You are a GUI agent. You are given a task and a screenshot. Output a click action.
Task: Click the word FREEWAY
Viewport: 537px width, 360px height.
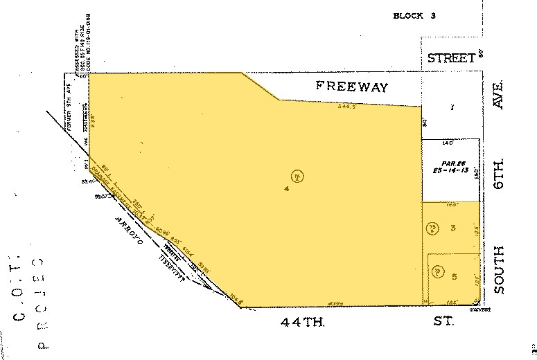tap(352, 87)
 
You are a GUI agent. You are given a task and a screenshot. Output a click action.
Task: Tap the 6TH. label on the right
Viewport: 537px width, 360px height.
tap(499, 174)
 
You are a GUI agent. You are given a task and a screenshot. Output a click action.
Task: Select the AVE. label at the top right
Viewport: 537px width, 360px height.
tap(498, 94)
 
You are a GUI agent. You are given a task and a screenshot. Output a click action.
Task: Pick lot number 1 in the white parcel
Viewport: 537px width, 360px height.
tap(451, 107)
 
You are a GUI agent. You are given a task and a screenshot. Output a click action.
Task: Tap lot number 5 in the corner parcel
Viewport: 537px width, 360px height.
tap(454, 277)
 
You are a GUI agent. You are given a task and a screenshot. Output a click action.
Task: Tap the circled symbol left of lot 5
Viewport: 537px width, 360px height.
tap(438, 273)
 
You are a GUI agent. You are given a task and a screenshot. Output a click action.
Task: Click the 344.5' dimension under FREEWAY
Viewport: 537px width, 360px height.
tap(346, 107)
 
